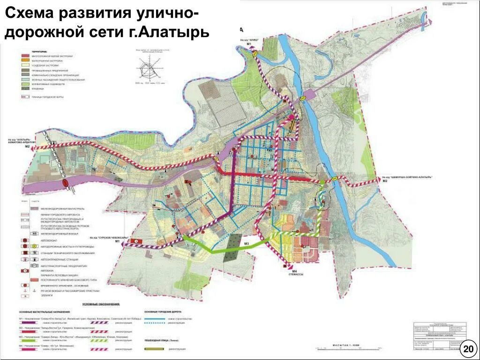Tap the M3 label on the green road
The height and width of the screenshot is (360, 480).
pyautogui.click(x=246, y=243)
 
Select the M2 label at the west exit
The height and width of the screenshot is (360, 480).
pyautogui.click(x=27, y=147)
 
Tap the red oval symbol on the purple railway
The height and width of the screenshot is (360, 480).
pyautogui.click(x=65, y=182)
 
